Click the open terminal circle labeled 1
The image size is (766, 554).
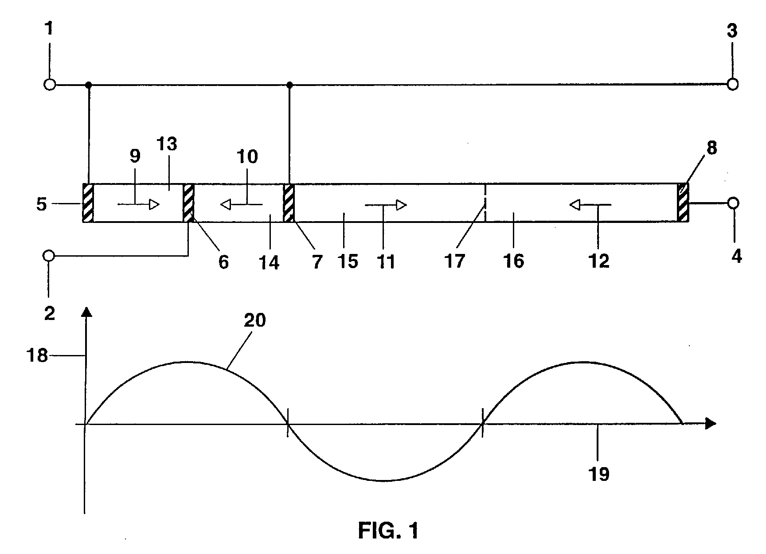[x=50, y=84]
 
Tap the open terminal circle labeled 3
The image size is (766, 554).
[x=733, y=84]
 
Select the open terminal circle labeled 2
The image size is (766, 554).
[x=49, y=256]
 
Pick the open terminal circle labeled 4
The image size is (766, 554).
[x=734, y=203]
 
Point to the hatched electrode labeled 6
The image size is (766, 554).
[x=189, y=203]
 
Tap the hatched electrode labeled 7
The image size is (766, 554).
[x=289, y=203]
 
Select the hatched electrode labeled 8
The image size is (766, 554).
[x=683, y=203]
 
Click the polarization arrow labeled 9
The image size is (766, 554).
[x=139, y=204]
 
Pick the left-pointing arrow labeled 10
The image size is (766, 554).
[x=242, y=204]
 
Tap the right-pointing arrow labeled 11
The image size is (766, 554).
[x=386, y=205]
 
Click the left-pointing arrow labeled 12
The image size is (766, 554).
[x=590, y=205]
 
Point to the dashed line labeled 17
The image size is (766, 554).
[x=486, y=203]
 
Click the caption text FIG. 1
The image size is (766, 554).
[x=388, y=531]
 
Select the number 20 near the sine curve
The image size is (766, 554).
[x=255, y=320]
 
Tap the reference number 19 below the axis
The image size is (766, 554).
[x=598, y=474]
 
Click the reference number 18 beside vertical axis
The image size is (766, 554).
[x=37, y=355]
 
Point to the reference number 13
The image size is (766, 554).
[x=167, y=144]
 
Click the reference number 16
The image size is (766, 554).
[x=514, y=261]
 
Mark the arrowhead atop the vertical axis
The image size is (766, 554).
[x=87, y=312]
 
